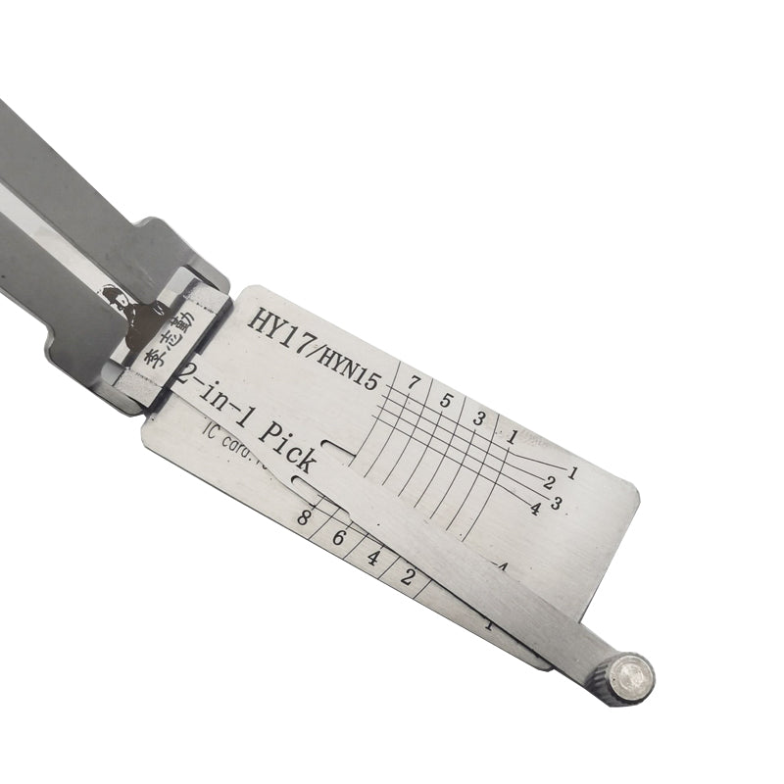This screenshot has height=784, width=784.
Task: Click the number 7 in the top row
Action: (416, 381)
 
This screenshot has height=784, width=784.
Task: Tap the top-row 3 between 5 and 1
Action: (479, 418)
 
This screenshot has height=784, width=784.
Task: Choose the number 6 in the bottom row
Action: (339, 538)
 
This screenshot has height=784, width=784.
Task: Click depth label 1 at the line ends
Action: (574, 472)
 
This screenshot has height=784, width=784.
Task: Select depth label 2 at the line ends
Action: (550, 482)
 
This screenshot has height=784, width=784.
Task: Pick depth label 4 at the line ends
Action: (535, 508)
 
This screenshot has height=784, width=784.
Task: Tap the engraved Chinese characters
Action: (170, 340)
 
